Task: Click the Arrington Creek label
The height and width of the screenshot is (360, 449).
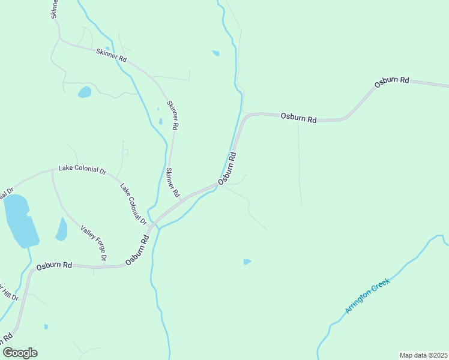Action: (368, 295)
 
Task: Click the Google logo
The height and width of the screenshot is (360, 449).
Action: (20, 353)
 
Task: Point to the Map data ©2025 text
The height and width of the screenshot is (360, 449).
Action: (423, 355)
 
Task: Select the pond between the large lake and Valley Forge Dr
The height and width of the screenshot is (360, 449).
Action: (61, 229)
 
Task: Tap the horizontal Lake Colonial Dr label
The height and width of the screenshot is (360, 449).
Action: (82, 170)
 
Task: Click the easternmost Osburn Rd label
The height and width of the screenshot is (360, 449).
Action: (391, 82)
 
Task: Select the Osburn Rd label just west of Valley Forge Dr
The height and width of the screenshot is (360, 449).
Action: (54, 265)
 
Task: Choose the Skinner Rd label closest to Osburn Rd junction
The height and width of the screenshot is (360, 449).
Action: (172, 182)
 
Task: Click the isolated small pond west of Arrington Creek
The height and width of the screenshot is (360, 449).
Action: (247, 262)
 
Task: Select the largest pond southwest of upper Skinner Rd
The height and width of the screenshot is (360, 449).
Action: (85, 92)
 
